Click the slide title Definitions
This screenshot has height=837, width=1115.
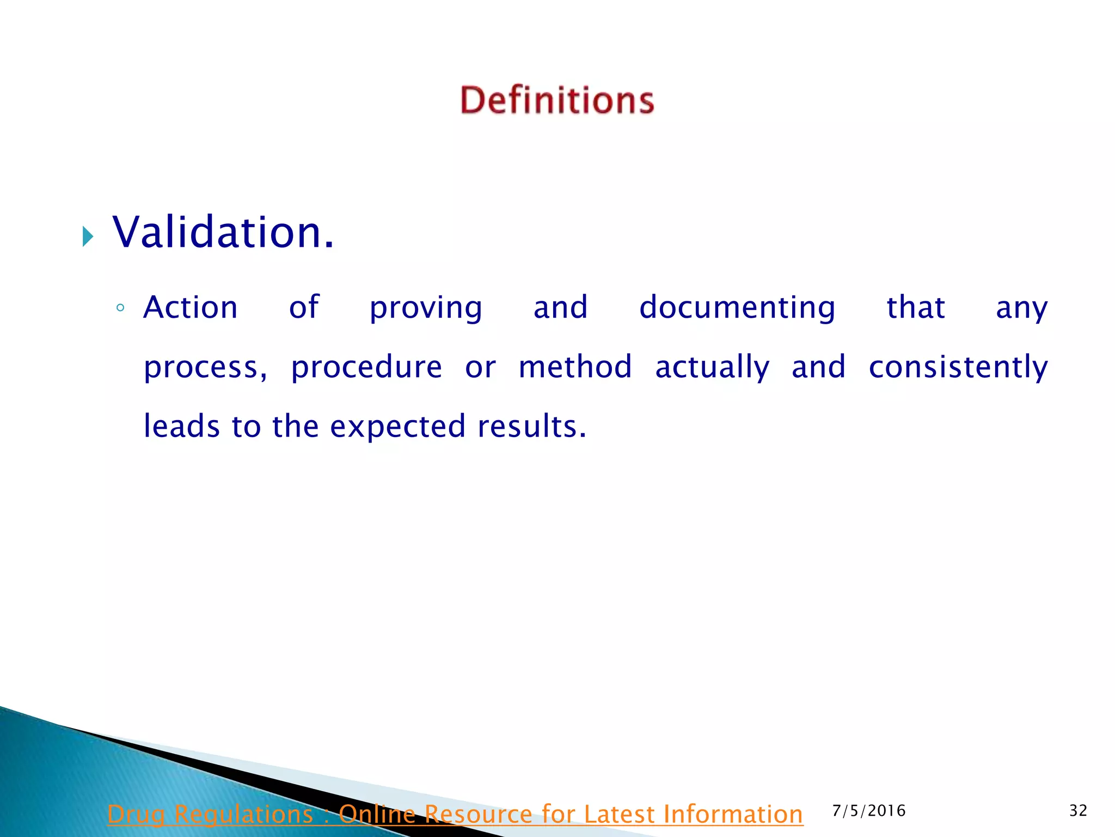click(557, 100)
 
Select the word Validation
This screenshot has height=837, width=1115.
click(223, 232)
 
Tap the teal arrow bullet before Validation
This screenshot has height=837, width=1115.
click(88, 236)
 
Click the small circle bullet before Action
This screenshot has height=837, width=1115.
click(120, 308)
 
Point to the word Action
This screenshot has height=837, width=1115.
click(191, 307)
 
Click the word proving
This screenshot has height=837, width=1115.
click(426, 308)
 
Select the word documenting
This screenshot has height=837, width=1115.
click(737, 308)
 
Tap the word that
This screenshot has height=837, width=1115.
click(916, 307)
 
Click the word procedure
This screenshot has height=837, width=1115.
click(366, 367)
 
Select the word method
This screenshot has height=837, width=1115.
click(575, 367)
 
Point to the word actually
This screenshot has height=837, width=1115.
click(712, 368)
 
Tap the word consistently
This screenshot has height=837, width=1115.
click(958, 368)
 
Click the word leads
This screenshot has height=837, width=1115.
click(181, 426)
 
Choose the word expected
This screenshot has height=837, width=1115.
click(398, 427)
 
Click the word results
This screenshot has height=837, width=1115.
click(532, 426)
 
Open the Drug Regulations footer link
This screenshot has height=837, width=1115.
click(455, 814)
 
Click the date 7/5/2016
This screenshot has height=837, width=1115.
click(869, 811)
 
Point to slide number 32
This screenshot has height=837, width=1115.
click(1078, 811)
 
